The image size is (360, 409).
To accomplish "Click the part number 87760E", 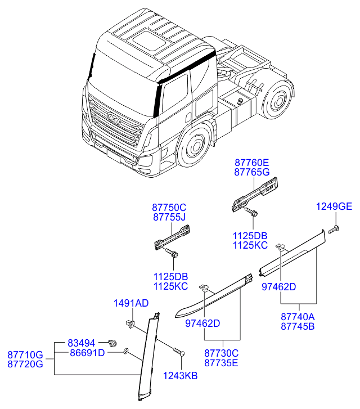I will (251, 163).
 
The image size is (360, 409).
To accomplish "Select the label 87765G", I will (251, 172).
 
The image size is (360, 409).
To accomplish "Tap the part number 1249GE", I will (333, 207).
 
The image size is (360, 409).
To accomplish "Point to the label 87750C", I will (169, 208).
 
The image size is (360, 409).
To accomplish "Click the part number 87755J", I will (169, 217).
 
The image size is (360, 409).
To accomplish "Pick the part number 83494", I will (82, 343).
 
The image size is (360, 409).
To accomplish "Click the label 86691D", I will (87, 353).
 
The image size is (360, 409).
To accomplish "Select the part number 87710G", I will (25, 354).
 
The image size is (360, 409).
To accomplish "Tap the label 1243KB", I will (180, 376).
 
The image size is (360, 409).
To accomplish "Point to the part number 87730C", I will (221, 353).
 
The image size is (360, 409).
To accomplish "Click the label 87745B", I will (298, 326).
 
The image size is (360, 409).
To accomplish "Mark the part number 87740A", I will (298, 317).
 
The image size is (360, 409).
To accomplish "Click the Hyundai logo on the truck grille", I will (113, 118).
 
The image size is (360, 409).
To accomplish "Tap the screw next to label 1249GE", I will (333, 228).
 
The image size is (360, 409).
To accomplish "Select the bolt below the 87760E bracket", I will (251, 213).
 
